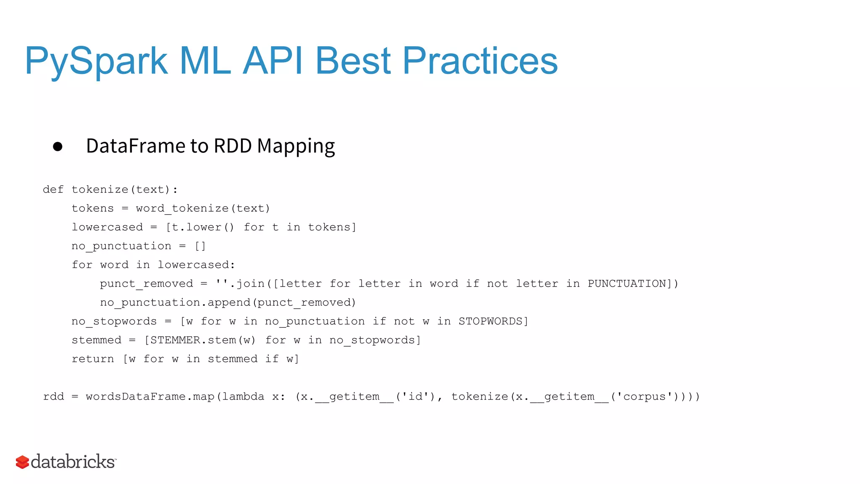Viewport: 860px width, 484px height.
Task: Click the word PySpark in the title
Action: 96,61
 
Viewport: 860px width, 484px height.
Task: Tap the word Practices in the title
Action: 480,61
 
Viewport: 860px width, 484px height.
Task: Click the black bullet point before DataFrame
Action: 58,147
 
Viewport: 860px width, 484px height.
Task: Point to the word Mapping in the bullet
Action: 296,147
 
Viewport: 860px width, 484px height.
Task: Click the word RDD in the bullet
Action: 233,146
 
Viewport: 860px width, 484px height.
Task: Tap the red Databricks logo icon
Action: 22,462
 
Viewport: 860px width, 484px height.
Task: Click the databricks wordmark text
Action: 73,461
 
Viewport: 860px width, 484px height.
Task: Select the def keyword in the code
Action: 53,189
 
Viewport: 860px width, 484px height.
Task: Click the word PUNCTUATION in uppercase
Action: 627,284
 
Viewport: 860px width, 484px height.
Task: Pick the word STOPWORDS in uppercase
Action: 490,321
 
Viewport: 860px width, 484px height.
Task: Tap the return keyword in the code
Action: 93,359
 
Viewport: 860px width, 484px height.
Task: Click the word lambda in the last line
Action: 243,397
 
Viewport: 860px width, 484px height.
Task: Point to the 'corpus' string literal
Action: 644,397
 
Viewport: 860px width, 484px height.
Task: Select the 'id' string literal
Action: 415,397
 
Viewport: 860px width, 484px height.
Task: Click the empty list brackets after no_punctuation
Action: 200,246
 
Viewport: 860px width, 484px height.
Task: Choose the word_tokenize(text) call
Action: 203,208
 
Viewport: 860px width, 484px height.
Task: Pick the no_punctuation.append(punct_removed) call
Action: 228,302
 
